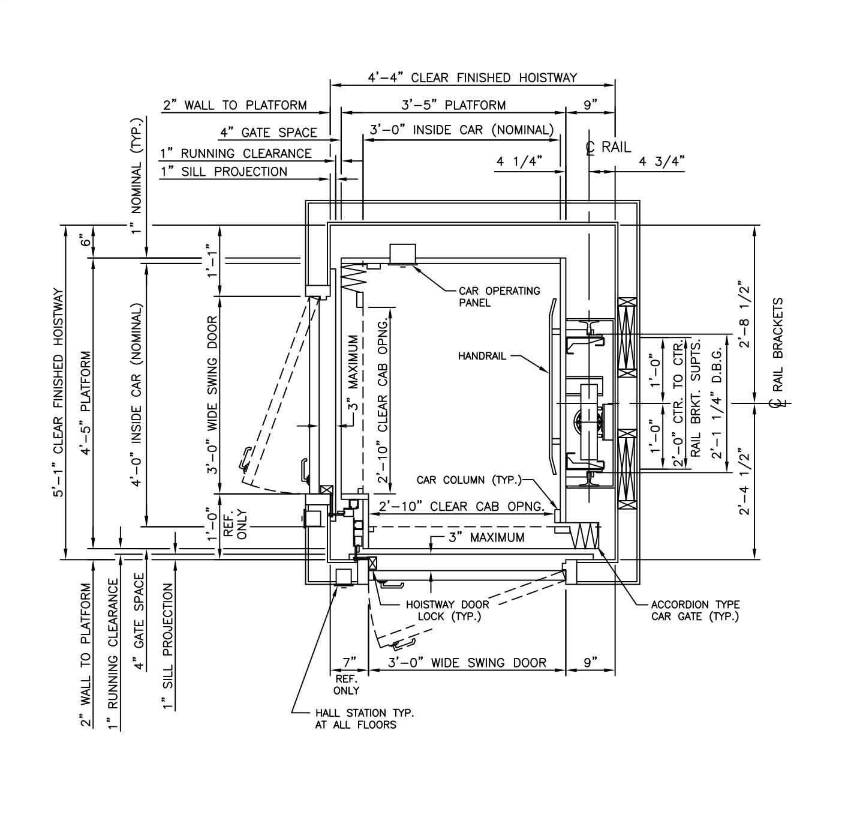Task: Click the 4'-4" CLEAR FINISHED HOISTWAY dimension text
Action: [472, 77]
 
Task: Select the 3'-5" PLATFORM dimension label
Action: [453, 105]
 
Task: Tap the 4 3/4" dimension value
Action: [661, 161]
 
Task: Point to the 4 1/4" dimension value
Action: [519, 161]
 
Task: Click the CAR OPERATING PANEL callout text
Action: [499, 297]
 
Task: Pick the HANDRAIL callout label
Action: [482, 356]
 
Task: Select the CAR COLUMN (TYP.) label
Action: [469, 480]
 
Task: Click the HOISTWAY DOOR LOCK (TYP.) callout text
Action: [447, 610]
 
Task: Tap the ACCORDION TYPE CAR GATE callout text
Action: [695, 610]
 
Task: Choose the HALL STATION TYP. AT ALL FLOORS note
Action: [364, 719]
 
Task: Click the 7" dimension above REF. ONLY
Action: [350, 662]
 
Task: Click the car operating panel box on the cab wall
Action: [402, 253]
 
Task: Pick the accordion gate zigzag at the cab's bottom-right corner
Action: [586, 535]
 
